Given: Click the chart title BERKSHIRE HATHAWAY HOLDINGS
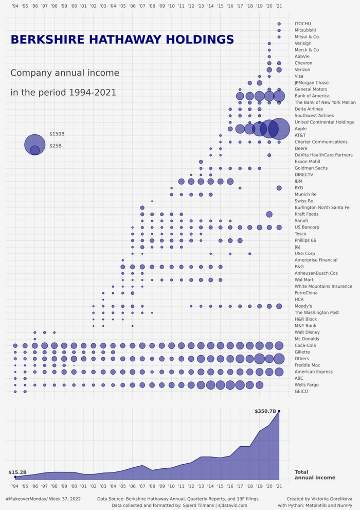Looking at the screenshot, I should click(x=122, y=40).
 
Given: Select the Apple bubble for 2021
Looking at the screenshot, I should click(x=279, y=129).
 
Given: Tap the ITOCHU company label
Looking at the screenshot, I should click(x=302, y=24).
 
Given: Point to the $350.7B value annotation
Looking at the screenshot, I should click(x=265, y=411).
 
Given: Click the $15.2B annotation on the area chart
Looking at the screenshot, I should click(x=17, y=472).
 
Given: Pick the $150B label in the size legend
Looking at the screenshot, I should click(x=57, y=134).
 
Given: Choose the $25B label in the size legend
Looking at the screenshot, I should click(x=56, y=146).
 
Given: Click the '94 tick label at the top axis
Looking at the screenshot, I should click(x=15, y=6).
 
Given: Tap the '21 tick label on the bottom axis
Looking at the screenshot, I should click(x=279, y=485).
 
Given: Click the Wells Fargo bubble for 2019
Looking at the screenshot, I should click(x=259, y=385).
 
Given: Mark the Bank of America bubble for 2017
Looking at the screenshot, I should click(x=240, y=96).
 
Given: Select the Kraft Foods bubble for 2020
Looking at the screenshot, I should click(x=269, y=214).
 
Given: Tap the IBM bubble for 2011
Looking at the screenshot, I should click(x=181, y=181).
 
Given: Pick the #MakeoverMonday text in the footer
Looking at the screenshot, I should click(x=25, y=499).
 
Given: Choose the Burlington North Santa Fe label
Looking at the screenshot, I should click(x=322, y=207).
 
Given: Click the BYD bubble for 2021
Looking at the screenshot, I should click(x=279, y=188).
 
